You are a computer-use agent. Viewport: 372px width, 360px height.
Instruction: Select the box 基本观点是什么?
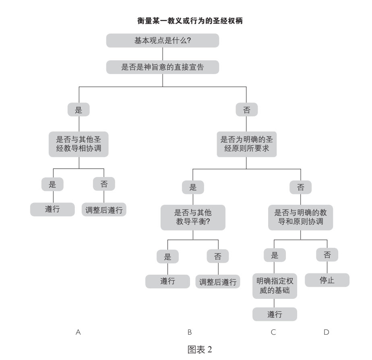click(x=162, y=41)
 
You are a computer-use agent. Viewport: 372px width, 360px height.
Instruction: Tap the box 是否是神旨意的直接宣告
click(x=162, y=67)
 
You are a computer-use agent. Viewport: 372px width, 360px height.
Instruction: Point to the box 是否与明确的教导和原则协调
click(x=300, y=218)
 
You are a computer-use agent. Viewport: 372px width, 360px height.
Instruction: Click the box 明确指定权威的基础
click(x=275, y=286)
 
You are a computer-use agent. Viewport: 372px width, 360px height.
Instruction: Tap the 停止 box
click(x=327, y=280)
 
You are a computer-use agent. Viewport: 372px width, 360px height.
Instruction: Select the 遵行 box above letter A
click(x=53, y=209)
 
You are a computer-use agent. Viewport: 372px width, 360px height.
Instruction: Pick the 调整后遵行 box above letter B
click(x=218, y=281)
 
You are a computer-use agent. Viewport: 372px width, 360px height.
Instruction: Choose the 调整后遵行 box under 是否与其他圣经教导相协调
click(x=104, y=209)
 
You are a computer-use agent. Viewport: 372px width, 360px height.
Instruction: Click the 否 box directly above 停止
click(x=327, y=255)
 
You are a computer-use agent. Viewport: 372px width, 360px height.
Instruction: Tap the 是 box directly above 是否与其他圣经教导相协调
click(x=79, y=110)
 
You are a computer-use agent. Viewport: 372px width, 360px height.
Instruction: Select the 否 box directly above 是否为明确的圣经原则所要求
click(x=246, y=110)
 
